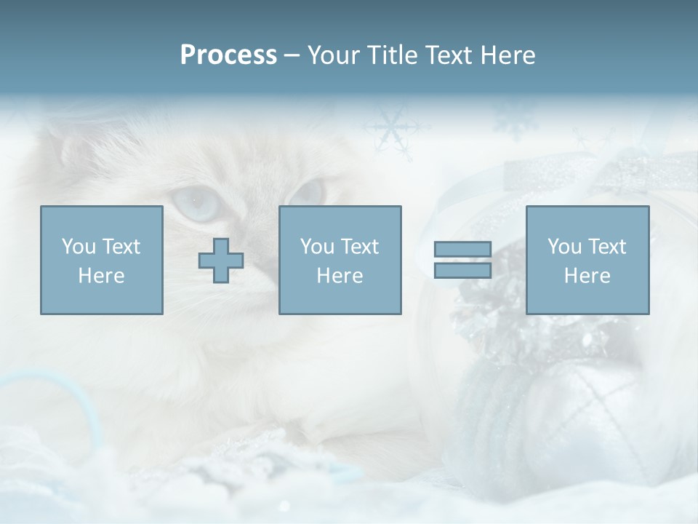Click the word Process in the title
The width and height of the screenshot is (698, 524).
(228, 55)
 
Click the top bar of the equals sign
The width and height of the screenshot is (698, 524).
(462, 250)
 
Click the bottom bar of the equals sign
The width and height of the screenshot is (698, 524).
(462, 271)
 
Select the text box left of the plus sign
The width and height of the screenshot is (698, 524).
(102, 261)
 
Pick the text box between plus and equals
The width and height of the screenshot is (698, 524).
(340, 261)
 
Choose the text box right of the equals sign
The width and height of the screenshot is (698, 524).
(587, 261)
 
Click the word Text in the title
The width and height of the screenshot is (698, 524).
(446, 55)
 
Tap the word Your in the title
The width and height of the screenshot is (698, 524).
(334, 55)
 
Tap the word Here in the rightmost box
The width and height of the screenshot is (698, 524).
(587, 276)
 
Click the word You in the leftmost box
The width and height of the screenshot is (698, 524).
(78, 247)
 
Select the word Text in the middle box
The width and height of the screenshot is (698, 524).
(360, 247)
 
